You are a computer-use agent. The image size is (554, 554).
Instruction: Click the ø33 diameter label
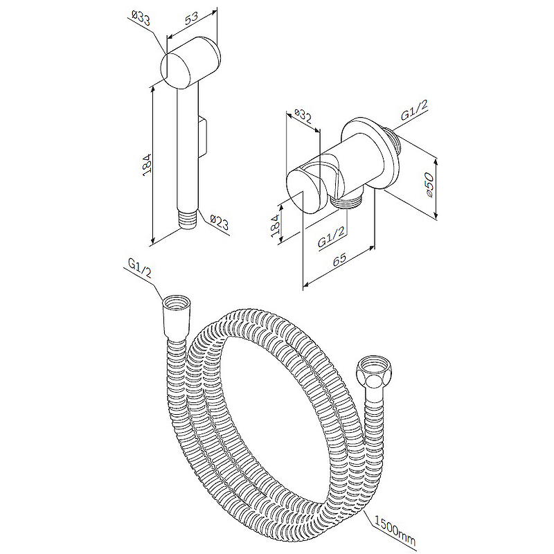(x=141, y=18)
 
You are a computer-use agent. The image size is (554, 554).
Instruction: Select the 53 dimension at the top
(x=191, y=18)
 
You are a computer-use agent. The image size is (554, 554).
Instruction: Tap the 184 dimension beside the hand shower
(x=148, y=166)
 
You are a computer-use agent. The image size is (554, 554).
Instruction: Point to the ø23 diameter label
(x=220, y=222)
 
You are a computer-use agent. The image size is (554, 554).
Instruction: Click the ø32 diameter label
(x=303, y=116)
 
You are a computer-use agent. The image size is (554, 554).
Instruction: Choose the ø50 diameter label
(x=429, y=184)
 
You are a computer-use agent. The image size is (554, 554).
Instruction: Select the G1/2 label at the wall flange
(x=414, y=110)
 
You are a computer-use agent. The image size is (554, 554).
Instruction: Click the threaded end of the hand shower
(x=188, y=220)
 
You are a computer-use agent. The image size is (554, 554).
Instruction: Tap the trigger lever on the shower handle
(x=203, y=138)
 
